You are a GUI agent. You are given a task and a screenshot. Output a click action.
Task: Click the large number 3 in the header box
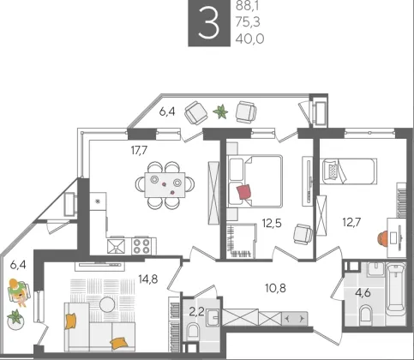[x=209, y=22]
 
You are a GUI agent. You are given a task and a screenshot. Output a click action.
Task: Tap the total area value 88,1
[x=248, y=6]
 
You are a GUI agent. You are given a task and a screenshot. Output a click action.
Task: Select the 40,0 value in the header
[x=249, y=39]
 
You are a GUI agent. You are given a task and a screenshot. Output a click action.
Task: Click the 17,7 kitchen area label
[x=139, y=150]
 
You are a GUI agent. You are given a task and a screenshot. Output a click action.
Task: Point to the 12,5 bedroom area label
[x=272, y=223]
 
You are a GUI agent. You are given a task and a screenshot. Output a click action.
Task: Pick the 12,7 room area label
[x=351, y=222]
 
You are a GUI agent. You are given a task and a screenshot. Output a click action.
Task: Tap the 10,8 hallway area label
[x=276, y=288]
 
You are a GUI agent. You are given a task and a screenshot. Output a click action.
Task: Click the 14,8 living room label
[x=148, y=279]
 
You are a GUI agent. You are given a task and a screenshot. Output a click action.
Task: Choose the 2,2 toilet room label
[x=196, y=311]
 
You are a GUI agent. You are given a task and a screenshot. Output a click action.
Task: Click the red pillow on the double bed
[x=244, y=192]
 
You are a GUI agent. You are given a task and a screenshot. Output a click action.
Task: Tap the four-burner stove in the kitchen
[x=142, y=246]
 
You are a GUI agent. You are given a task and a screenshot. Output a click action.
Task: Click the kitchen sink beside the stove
[x=116, y=246]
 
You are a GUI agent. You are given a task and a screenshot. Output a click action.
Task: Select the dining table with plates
[x=165, y=184]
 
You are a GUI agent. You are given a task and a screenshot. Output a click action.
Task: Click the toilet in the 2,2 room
[x=193, y=333]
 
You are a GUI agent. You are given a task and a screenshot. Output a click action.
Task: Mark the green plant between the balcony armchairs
[x=221, y=112]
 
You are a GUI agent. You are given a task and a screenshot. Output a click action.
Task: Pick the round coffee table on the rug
[x=107, y=304]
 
